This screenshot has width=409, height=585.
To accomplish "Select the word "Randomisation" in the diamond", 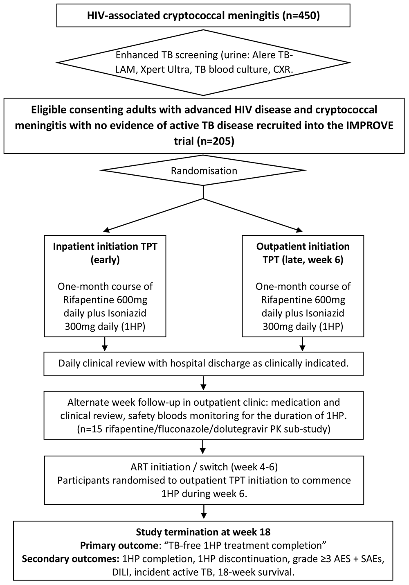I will (x=204, y=170).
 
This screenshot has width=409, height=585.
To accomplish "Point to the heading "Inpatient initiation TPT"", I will (x=105, y=246).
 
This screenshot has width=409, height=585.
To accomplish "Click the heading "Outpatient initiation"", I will (x=303, y=246).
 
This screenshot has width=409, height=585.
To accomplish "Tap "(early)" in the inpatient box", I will (x=105, y=260).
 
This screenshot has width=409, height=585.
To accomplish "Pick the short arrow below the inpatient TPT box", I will (x=105, y=344).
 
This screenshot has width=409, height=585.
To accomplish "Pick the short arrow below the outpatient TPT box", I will (x=303, y=344).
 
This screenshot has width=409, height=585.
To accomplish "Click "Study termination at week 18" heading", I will (x=203, y=532).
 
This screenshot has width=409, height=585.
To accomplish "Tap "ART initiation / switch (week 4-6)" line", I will (x=203, y=467).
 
